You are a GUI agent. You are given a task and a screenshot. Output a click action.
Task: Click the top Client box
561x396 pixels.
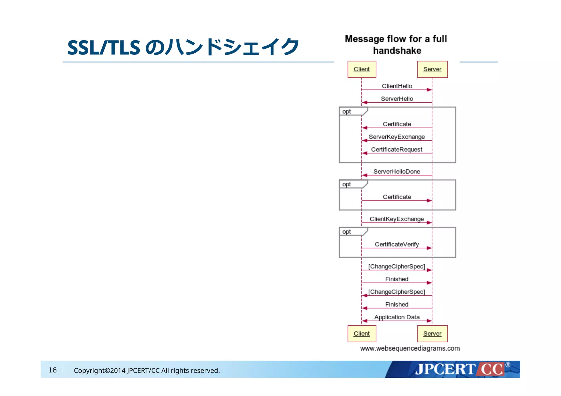coord(362,69)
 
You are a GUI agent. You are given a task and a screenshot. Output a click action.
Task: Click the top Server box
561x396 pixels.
coord(432,69)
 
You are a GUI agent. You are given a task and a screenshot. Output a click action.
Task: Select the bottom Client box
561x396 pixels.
coord(362,334)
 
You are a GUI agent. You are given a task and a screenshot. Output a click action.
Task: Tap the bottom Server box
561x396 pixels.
coord(432,334)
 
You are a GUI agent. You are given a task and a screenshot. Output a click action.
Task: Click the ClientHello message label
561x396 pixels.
coord(397,86)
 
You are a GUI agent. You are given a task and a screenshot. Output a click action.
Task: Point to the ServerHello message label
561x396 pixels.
coord(397,99)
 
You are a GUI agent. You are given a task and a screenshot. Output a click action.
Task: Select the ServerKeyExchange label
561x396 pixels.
coord(397,137)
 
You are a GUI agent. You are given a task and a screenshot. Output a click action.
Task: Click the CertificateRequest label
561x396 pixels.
coord(397,149)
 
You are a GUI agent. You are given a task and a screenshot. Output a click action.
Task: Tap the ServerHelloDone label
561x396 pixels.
coord(397,172)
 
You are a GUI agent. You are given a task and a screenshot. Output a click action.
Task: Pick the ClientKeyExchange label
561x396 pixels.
coord(397,219)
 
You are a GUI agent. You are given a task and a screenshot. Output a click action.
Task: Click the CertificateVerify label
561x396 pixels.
coord(397,244)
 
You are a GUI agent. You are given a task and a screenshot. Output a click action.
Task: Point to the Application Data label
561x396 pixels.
coord(397,317)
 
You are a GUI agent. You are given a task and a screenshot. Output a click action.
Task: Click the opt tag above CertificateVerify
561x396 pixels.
coord(347,232)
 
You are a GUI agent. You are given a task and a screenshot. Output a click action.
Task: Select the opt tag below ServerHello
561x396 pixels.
coord(347,112)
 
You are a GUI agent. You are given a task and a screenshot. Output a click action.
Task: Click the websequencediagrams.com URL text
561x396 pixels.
coord(410,348)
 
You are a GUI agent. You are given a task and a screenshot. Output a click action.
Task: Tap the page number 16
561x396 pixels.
coord(53,370)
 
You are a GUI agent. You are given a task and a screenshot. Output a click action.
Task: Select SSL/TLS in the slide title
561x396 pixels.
coord(104,47)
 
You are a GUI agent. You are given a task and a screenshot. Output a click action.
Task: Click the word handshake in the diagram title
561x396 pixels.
coord(397,51)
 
